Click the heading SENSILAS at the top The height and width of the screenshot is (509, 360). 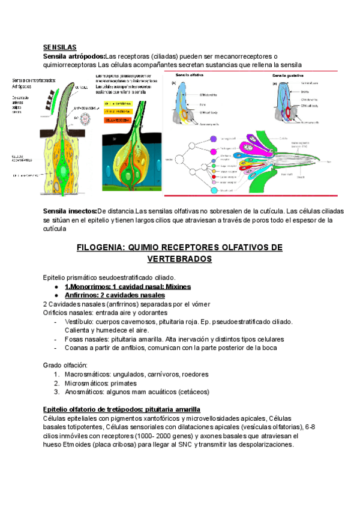59,47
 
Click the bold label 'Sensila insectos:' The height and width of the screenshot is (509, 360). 70,211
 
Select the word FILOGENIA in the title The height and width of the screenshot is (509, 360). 105,247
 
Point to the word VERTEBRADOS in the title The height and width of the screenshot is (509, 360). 179,259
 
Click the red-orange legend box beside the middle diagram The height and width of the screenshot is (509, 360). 118,120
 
